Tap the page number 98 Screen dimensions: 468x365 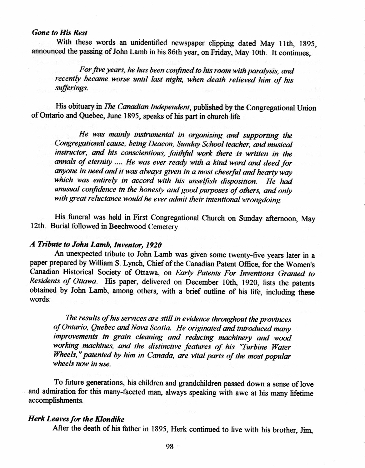pyautogui.click(x=170, y=446)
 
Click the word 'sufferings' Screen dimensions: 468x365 pyautogui.click(x=70, y=89)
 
